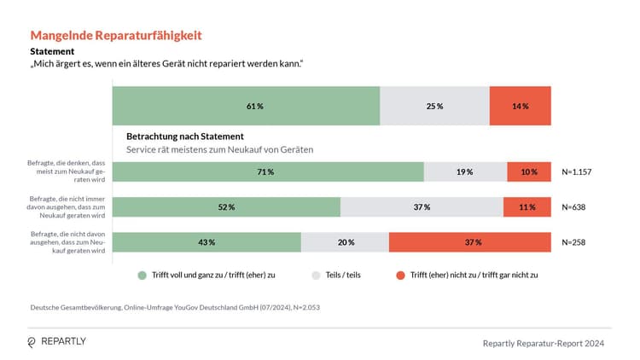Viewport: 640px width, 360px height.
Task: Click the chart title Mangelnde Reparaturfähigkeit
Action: (116, 35)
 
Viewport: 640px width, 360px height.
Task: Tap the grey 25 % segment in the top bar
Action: (434, 107)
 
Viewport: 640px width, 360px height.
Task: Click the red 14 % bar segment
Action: (520, 107)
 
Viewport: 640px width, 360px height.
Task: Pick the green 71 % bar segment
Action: (268, 171)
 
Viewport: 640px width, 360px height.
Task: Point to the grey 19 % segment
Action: (465, 171)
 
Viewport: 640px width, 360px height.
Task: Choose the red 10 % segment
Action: (528, 171)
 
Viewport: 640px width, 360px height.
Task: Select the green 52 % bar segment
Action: (226, 207)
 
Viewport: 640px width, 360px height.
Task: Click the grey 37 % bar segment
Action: (422, 207)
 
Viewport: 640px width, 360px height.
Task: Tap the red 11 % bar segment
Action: (527, 207)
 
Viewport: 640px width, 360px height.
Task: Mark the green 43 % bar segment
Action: (207, 242)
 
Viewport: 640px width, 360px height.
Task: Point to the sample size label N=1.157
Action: (577, 171)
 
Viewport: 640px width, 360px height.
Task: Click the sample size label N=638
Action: (573, 207)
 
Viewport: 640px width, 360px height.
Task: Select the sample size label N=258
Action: (573, 242)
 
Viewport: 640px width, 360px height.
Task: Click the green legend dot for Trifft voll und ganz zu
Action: (143, 276)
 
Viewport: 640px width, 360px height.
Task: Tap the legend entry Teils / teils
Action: (340, 276)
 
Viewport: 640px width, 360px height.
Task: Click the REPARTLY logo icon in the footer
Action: (32, 342)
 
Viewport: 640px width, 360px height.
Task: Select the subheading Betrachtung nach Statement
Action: (185, 136)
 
